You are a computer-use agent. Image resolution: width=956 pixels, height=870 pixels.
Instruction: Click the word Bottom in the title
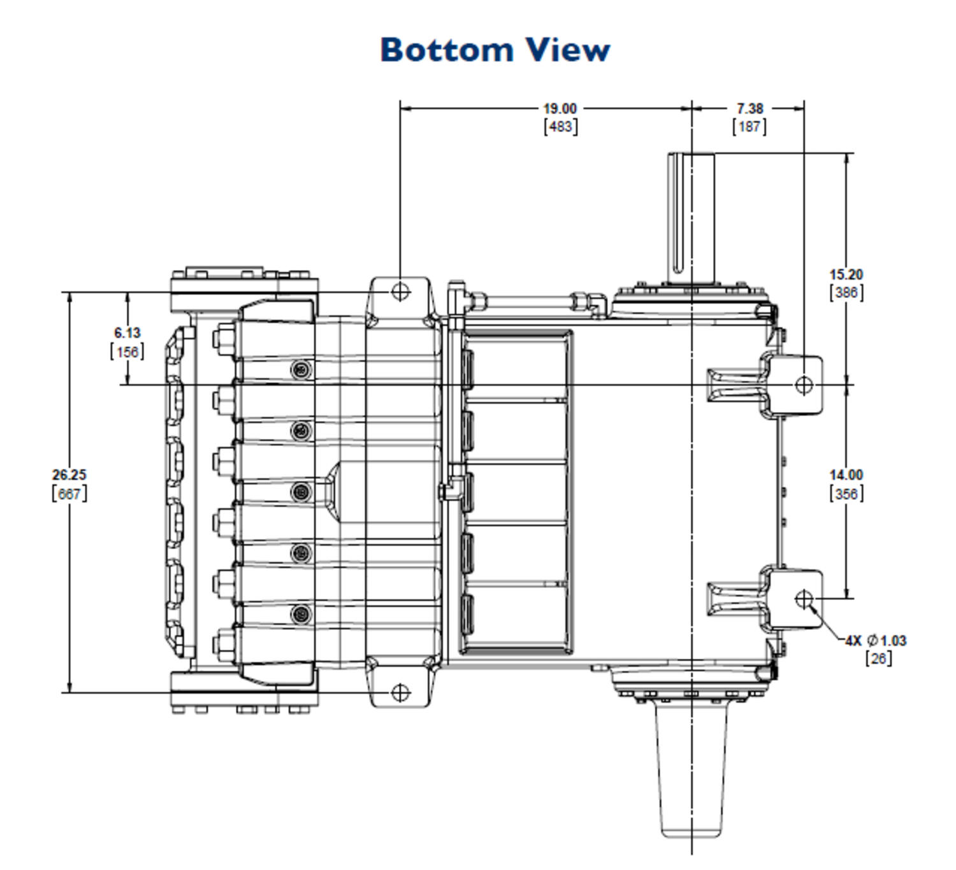pos(446,50)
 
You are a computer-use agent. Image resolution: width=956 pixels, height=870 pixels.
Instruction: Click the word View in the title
pos(568,50)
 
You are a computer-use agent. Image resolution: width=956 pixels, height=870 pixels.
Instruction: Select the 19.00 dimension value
pos(560,109)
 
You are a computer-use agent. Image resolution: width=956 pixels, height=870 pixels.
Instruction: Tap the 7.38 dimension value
pos(750,109)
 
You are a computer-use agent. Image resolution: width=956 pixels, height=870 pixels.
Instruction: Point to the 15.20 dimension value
pos(846,275)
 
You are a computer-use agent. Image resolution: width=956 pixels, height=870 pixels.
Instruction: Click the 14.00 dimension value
pos(846,474)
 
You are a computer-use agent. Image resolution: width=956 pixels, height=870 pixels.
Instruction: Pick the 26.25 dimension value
pos(69,474)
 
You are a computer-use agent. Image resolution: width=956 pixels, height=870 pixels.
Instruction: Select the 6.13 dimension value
pos(127,332)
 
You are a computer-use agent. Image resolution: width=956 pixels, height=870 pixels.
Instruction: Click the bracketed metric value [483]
pos(560,127)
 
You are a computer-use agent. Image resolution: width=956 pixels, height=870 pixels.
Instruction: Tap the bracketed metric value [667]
pos(69,494)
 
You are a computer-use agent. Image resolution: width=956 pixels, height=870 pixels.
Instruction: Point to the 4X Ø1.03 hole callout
pos(876,640)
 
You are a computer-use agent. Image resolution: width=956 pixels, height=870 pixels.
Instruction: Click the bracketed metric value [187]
pos(750,127)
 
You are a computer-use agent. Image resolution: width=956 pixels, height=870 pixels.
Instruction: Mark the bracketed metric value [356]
pos(846,494)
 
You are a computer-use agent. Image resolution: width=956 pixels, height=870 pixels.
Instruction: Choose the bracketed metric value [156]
pos(127,352)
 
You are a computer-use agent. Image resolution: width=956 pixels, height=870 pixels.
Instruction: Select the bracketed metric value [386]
pos(846,292)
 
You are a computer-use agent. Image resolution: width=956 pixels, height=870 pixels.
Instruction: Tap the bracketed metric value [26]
pos(878,659)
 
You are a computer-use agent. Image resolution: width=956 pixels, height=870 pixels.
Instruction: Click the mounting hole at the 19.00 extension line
pos(400,291)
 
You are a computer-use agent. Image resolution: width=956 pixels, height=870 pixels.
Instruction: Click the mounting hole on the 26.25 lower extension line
pos(400,692)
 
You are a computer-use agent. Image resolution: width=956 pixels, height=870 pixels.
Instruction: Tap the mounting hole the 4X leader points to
pos(804,599)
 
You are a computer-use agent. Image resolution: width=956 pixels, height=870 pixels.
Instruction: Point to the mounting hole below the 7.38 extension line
pos(804,384)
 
